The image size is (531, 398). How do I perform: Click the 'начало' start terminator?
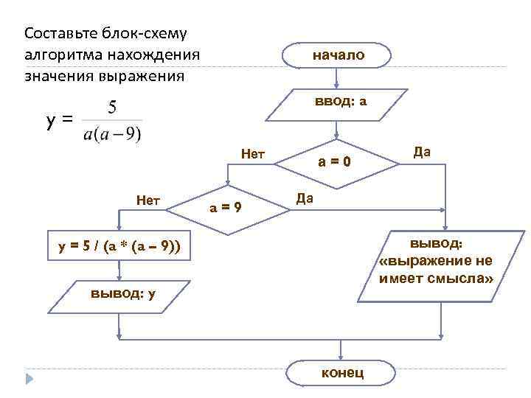337,55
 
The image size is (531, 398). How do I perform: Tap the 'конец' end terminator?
341,372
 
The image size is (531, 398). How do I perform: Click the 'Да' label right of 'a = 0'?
422,152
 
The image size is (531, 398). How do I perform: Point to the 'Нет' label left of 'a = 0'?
253,154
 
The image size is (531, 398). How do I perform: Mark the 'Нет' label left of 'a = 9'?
149,198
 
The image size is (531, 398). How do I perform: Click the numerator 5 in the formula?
113,108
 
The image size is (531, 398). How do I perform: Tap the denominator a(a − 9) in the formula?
113,134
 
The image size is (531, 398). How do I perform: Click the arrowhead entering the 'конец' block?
341,356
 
